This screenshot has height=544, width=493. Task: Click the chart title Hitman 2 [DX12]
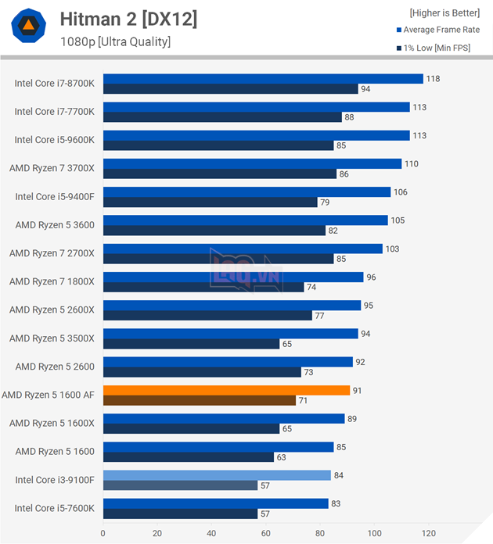[x=128, y=20]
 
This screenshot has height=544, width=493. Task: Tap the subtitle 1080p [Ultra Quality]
[x=115, y=42]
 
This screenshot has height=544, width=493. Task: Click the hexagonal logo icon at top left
[x=27, y=27]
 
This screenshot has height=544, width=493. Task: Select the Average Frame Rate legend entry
[x=441, y=30]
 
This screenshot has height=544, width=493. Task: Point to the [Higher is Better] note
[x=444, y=13]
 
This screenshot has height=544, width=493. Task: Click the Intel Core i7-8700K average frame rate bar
[x=262, y=79]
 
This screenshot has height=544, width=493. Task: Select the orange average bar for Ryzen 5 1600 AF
[x=226, y=390]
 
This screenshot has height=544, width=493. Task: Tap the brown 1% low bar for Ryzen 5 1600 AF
[x=199, y=400]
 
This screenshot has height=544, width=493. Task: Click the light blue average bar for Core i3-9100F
[x=217, y=475]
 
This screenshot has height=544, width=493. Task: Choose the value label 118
[x=433, y=79]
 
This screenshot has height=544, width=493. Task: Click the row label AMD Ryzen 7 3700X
[x=52, y=168]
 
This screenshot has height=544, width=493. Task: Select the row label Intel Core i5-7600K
[x=54, y=508]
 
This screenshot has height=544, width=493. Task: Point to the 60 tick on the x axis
[x=265, y=533]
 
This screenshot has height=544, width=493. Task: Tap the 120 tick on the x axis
[x=428, y=533]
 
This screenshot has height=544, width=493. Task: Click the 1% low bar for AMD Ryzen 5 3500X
[x=191, y=344]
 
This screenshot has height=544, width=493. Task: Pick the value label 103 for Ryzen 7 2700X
[x=392, y=249]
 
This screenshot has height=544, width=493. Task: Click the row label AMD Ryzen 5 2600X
[x=52, y=310]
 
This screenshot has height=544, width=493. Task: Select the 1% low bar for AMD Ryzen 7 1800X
[x=203, y=287]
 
